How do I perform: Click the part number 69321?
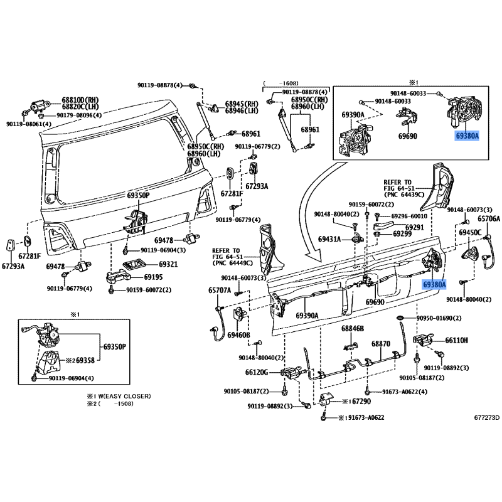pyautogui.click(x=168, y=264)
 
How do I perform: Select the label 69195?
pyautogui.click(x=153, y=277)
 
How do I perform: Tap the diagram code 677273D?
pyautogui.click(x=487, y=417)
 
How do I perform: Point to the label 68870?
pyautogui.click(x=381, y=343)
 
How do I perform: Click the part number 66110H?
pyautogui.click(x=456, y=340)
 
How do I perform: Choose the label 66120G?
pyautogui.click(x=257, y=372)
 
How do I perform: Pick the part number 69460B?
pyautogui.click(x=238, y=335)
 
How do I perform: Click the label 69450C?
pyautogui.click(x=470, y=232)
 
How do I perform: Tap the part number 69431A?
pyautogui.click(x=329, y=239)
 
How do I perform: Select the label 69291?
pyautogui.click(x=415, y=227)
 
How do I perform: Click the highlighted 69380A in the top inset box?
pyautogui.click(x=467, y=136)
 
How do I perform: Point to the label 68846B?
pyautogui.click(x=353, y=328)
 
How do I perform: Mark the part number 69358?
pyautogui.click(x=85, y=360)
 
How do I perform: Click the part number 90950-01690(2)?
pyautogui.click(x=439, y=318)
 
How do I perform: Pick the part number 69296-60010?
pyautogui.click(x=409, y=216)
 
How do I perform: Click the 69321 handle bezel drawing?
pyautogui.click(x=134, y=265)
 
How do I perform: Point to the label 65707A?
pyautogui.click(x=220, y=291)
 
